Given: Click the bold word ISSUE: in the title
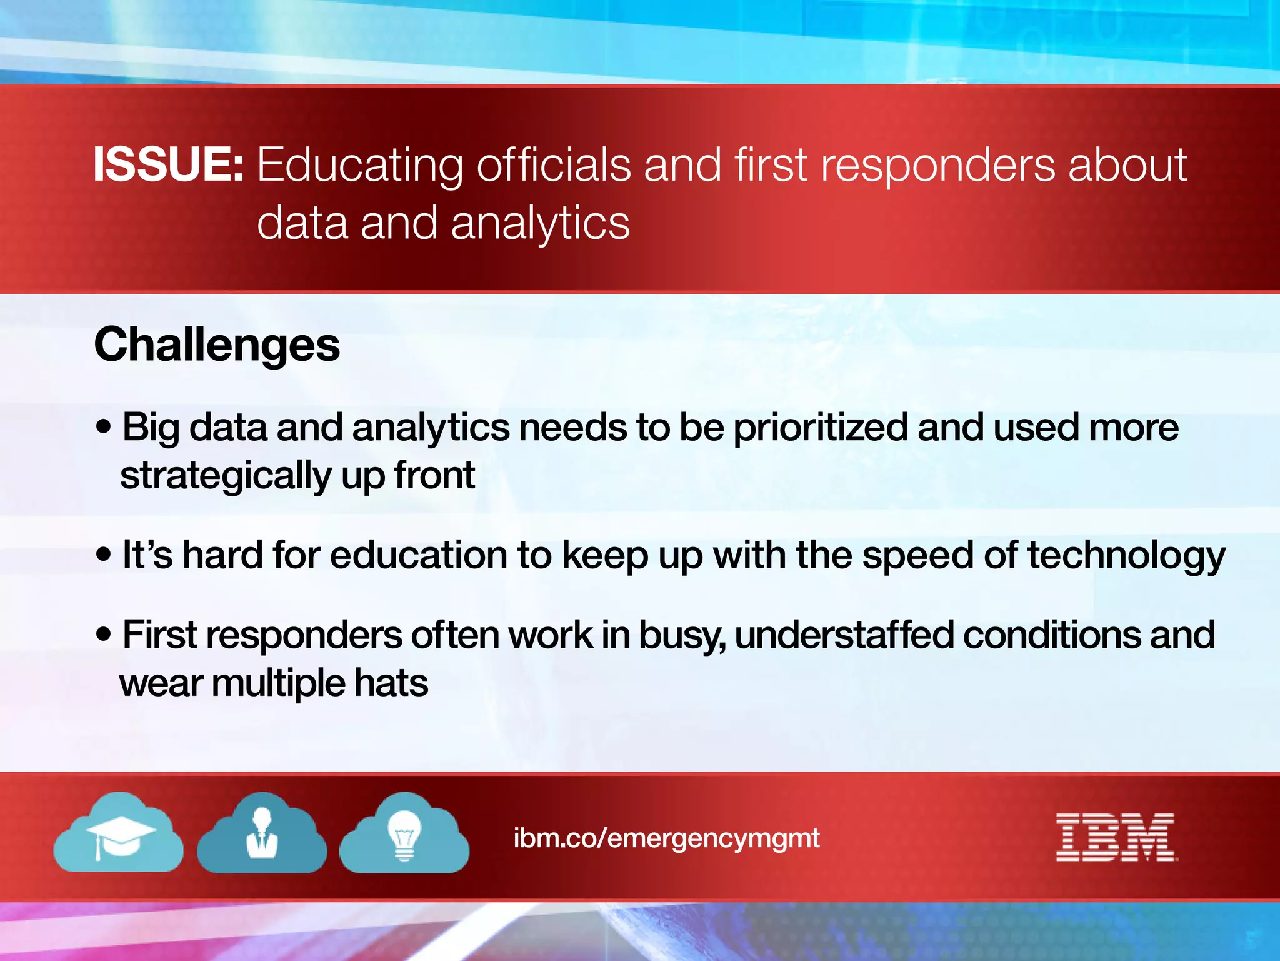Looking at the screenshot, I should coord(168,164).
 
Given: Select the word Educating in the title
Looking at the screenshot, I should coord(359,166).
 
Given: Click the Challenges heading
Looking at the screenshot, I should coord(217,344).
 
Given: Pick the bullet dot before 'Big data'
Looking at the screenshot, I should coord(104,427).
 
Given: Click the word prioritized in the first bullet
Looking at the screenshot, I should coord(820,428).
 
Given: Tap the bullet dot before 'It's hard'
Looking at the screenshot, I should coord(104,554).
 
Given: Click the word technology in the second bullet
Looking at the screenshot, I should coord(1126,556).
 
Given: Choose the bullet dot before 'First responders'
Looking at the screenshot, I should coord(104,634).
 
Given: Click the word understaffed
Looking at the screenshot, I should coord(844,635).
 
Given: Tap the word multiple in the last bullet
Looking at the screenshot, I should coord(277,683).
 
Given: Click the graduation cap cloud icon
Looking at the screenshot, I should coord(119,834).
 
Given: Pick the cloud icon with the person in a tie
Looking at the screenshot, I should coord(262,834).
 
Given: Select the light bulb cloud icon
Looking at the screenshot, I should coord(404,834).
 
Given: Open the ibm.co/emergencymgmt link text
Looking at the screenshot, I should coord(666,838).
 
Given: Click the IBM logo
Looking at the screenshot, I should coord(1116,838).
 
